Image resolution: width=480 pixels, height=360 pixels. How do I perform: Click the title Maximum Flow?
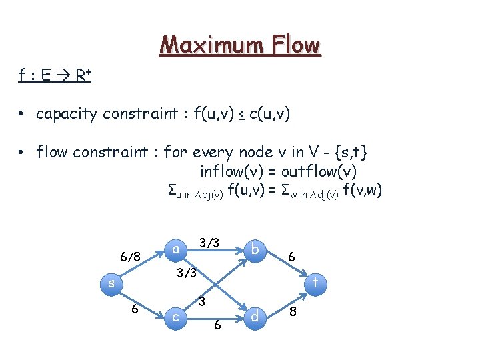[240, 45]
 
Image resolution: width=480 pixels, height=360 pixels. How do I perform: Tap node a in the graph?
[175, 249]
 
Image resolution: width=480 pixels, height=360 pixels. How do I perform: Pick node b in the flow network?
[255, 250]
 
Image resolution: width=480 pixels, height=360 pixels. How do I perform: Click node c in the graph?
[175, 317]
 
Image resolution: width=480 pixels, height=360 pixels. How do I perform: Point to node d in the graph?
[254, 316]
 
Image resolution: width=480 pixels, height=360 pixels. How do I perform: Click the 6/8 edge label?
[130, 257]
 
